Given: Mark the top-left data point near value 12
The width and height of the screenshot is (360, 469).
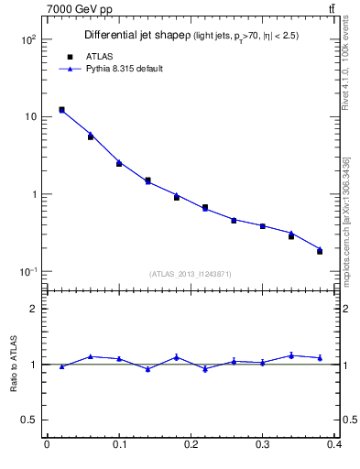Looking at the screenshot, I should click(61, 110).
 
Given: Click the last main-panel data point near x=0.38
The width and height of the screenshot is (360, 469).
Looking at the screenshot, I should click(320, 250).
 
